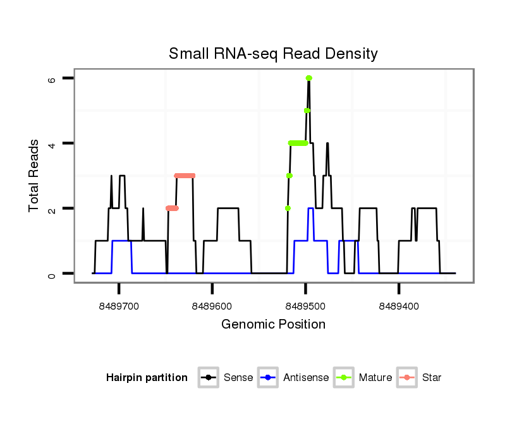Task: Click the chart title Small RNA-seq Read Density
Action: tap(273, 54)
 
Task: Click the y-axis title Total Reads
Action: tap(35, 176)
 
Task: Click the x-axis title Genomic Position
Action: tap(273, 324)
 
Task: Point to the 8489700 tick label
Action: tap(119, 306)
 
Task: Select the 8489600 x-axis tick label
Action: tap(212, 306)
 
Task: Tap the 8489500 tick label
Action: tap(306, 306)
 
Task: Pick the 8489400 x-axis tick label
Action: tap(399, 306)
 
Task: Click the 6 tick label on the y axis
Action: tap(52, 78)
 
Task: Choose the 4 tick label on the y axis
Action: tap(52, 143)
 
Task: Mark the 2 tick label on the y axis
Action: tap(52, 209)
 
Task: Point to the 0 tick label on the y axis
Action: tap(52, 274)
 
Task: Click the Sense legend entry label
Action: tap(238, 378)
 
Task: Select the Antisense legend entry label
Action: tap(306, 378)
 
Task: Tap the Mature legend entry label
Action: tap(375, 378)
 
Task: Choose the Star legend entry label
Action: tap(432, 378)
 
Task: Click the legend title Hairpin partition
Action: tap(147, 378)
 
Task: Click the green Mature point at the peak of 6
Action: tap(309, 78)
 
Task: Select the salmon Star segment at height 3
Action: tap(185, 176)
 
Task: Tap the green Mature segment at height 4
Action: tap(298, 143)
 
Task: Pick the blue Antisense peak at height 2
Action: tap(310, 209)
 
